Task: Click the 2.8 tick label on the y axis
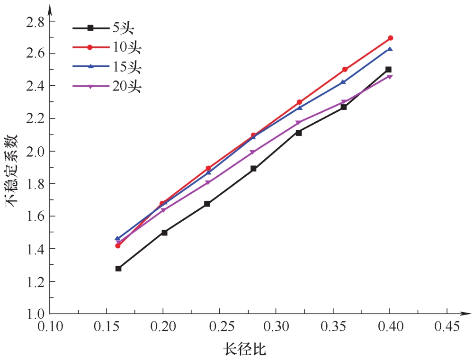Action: [x=33, y=22]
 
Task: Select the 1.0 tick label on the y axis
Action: [x=33, y=314]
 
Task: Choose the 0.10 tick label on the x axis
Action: [x=50, y=327]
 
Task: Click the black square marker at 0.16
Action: [x=118, y=269]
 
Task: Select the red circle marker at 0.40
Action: [x=391, y=38]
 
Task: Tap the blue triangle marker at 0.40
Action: [x=390, y=49]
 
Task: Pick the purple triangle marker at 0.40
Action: [x=390, y=76]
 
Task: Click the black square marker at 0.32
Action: [x=299, y=133]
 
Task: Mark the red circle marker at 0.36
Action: [x=345, y=69]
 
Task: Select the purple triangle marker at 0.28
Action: [x=253, y=153]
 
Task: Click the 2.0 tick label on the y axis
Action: [x=33, y=152]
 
